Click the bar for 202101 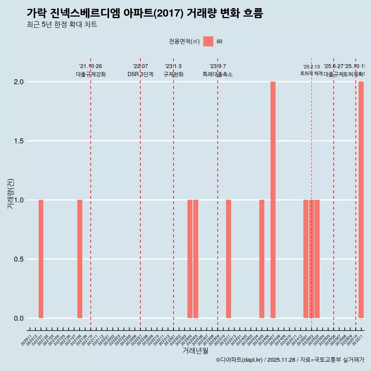tap(41, 259)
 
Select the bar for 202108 tap(80, 259)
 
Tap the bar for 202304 tap(190, 259)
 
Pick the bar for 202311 tap(228, 259)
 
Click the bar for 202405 tap(262, 259)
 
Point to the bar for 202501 tap(306, 259)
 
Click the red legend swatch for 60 tap(208, 41)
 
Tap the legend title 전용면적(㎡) tap(184, 42)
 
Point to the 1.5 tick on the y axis tap(19, 141)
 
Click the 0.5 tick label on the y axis tap(19, 259)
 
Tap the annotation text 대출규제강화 tap(90, 74)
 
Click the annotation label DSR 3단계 tap(140, 74)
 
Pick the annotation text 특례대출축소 tap(218, 74)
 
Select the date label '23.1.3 tap(173, 66)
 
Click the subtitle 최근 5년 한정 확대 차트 tap(62, 25)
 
